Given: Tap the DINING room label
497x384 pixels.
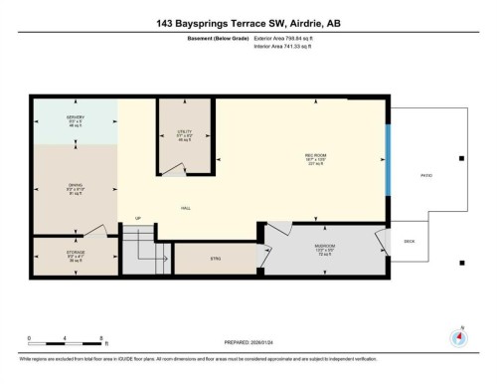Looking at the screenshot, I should point(76,186).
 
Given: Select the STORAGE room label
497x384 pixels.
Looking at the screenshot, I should point(76,253).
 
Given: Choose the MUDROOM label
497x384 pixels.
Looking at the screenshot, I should point(324,245).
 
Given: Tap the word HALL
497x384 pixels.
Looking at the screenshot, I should point(186,208).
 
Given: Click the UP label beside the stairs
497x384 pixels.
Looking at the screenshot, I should point(138,219).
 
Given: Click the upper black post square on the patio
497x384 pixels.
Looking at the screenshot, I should point(460,158).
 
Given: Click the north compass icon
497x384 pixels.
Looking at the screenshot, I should point(459,335).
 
